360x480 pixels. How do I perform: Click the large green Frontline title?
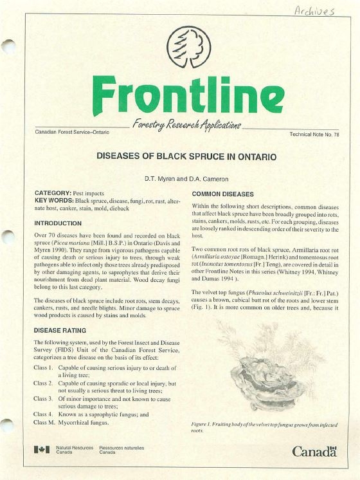pyautogui.click(x=179, y=95)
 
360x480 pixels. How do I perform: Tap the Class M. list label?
pyautogui.click(x=43, y=423)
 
